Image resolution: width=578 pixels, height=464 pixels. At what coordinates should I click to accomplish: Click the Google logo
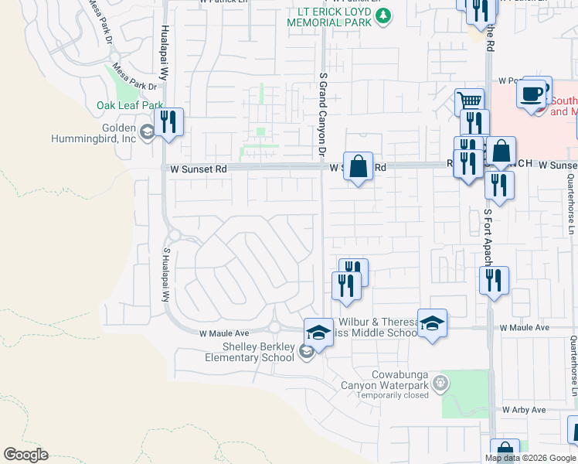tap(25, 455)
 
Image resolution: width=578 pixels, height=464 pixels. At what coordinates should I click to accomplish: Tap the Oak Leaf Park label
tap(130, 105)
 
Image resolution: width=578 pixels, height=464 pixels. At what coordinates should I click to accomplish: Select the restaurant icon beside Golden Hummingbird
tap(168, 122)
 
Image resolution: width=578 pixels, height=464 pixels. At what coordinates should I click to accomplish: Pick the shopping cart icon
tap(469, 101)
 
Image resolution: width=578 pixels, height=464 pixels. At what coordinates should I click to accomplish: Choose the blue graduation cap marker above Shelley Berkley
tap(318, 332)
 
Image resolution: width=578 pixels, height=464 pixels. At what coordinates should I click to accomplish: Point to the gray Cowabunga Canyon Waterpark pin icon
tap(440, 381)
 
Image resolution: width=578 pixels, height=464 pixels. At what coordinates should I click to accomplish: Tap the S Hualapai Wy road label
tap(165, 275)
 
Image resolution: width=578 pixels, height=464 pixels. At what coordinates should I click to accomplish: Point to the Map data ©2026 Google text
tap(529, 458)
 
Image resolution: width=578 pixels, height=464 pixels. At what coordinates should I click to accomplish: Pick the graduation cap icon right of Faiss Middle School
tap(432, 322)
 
